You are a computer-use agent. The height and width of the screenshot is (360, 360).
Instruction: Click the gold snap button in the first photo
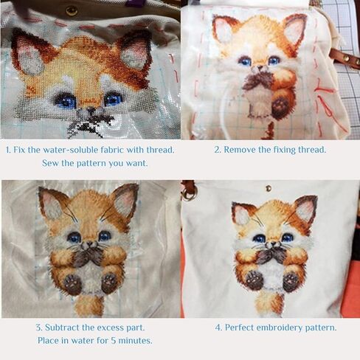click(x=72, y=11)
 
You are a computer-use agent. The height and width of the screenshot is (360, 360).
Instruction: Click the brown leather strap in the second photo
click(x=345, y=58)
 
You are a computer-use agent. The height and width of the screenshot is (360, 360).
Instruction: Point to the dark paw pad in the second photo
click(x=280, y=105)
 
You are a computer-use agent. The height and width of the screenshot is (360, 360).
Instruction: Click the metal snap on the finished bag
click(x=269, y=188)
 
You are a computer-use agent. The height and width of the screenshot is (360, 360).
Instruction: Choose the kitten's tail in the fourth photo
click(x=269, y=304)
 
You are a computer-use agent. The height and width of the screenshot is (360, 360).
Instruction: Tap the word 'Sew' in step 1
click(x=50, y=163)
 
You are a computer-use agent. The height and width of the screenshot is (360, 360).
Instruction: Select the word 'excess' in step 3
click(x=108, y=328)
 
